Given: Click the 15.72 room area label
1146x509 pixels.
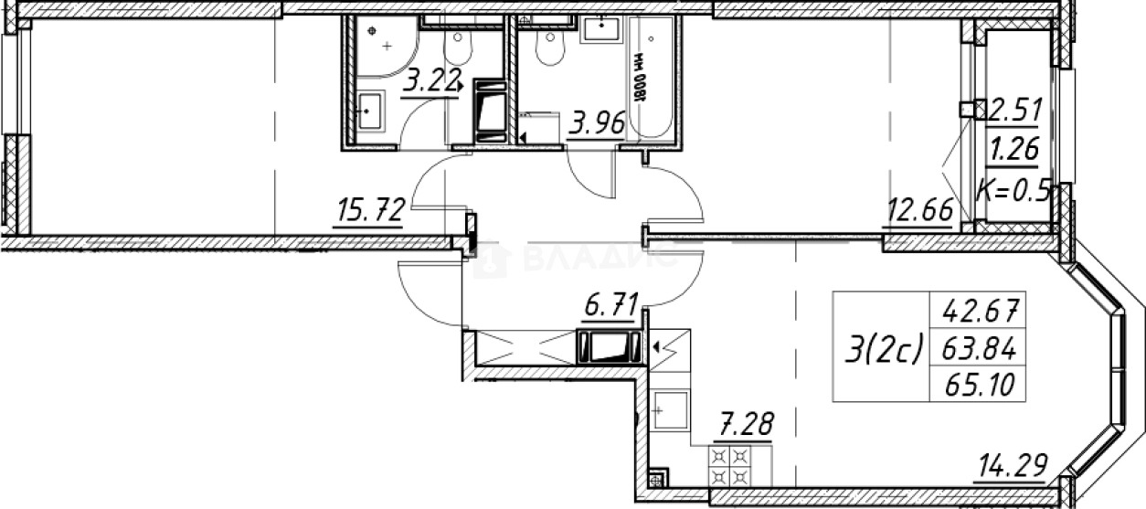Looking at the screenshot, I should [x=372, y=213].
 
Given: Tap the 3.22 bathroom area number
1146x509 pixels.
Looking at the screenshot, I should [x=430, y=82].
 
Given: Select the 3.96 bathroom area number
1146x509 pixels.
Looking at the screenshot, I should [x=595, y=122].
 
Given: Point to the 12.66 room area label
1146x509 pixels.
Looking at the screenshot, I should [x=919, y=213].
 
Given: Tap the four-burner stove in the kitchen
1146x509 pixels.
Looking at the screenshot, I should [x=730, y=463].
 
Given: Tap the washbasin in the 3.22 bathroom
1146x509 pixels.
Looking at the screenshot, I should [x=370, y=112].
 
